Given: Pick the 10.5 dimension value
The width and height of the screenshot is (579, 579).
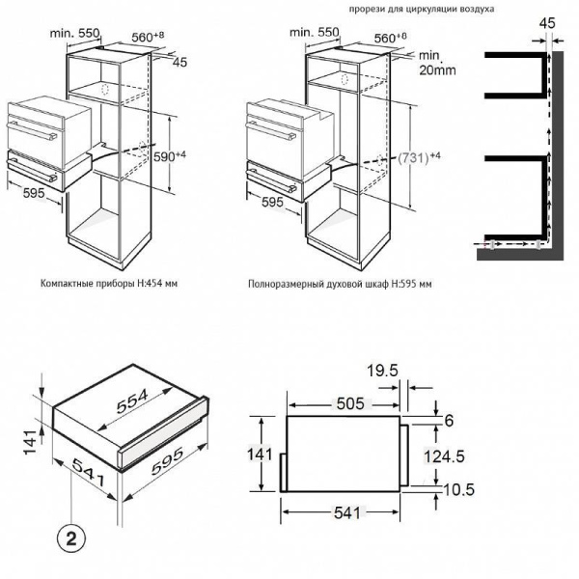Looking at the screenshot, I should click(x=456, y=489).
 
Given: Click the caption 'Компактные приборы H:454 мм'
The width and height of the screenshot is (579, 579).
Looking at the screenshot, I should click(x=109, y=286).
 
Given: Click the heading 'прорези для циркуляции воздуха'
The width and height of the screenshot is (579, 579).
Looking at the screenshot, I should click(x=422, y=9).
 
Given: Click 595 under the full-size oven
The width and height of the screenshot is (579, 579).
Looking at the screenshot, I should click(x=272, y=203).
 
